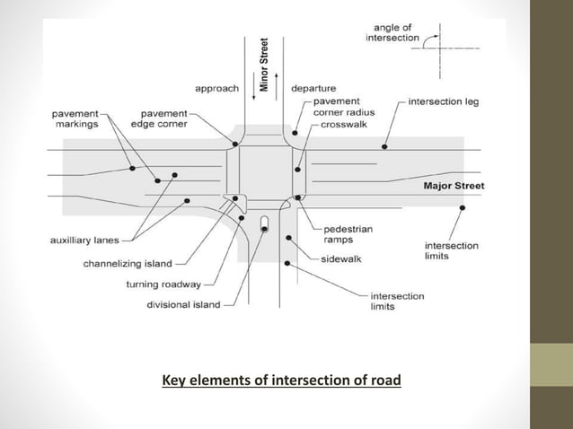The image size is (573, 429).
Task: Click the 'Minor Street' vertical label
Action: (x=264, y=65)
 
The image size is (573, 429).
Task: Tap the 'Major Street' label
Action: (x=453, y=186)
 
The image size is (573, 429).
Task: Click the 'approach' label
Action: (x=216, y=89)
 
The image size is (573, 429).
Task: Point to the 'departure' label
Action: (x=313, y=89)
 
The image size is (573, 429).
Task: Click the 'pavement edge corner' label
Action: (x=163, y=119)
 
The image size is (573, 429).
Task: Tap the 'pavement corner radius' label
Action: (x=344, y=107)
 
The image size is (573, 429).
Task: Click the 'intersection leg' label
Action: (x=443, y=101)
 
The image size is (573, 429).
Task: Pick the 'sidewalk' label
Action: (x=341, y=259)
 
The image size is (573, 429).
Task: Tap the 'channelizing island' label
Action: (x=128, y=264)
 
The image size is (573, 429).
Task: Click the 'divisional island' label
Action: (x=183, y=304)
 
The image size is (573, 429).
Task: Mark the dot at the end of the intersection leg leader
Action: (x=384, y=145)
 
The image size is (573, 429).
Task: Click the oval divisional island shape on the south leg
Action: (x=263, y=222)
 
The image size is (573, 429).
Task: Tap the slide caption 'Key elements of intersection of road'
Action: (x=281, y=380)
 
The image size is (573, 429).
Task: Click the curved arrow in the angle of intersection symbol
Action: (x=433, y=39)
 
